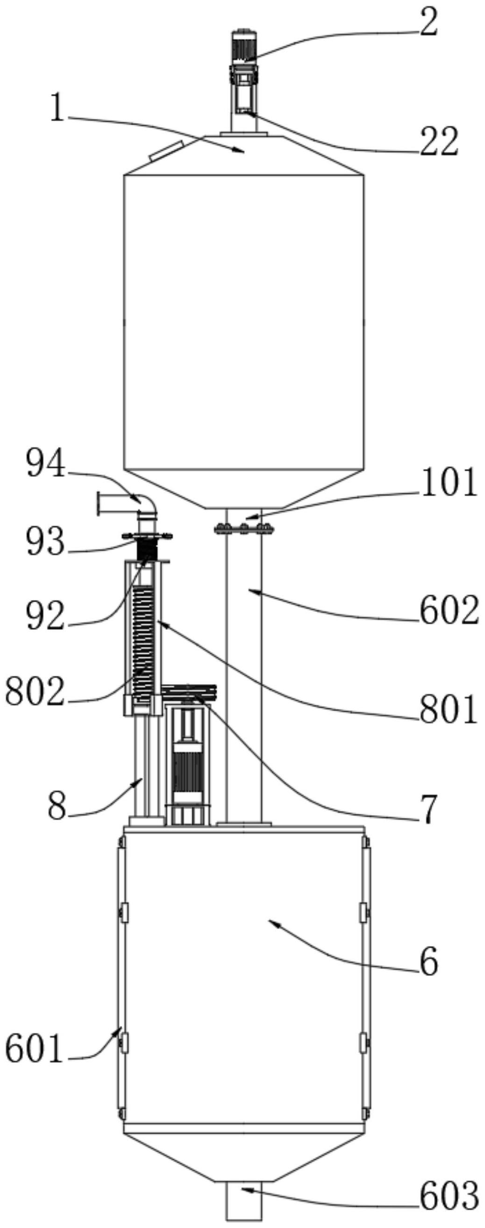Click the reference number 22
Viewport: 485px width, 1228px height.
click(439, 141)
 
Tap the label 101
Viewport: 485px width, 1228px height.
click(448, 483)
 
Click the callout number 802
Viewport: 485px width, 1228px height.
click(35, 692)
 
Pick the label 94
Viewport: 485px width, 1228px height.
click(46, 464)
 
